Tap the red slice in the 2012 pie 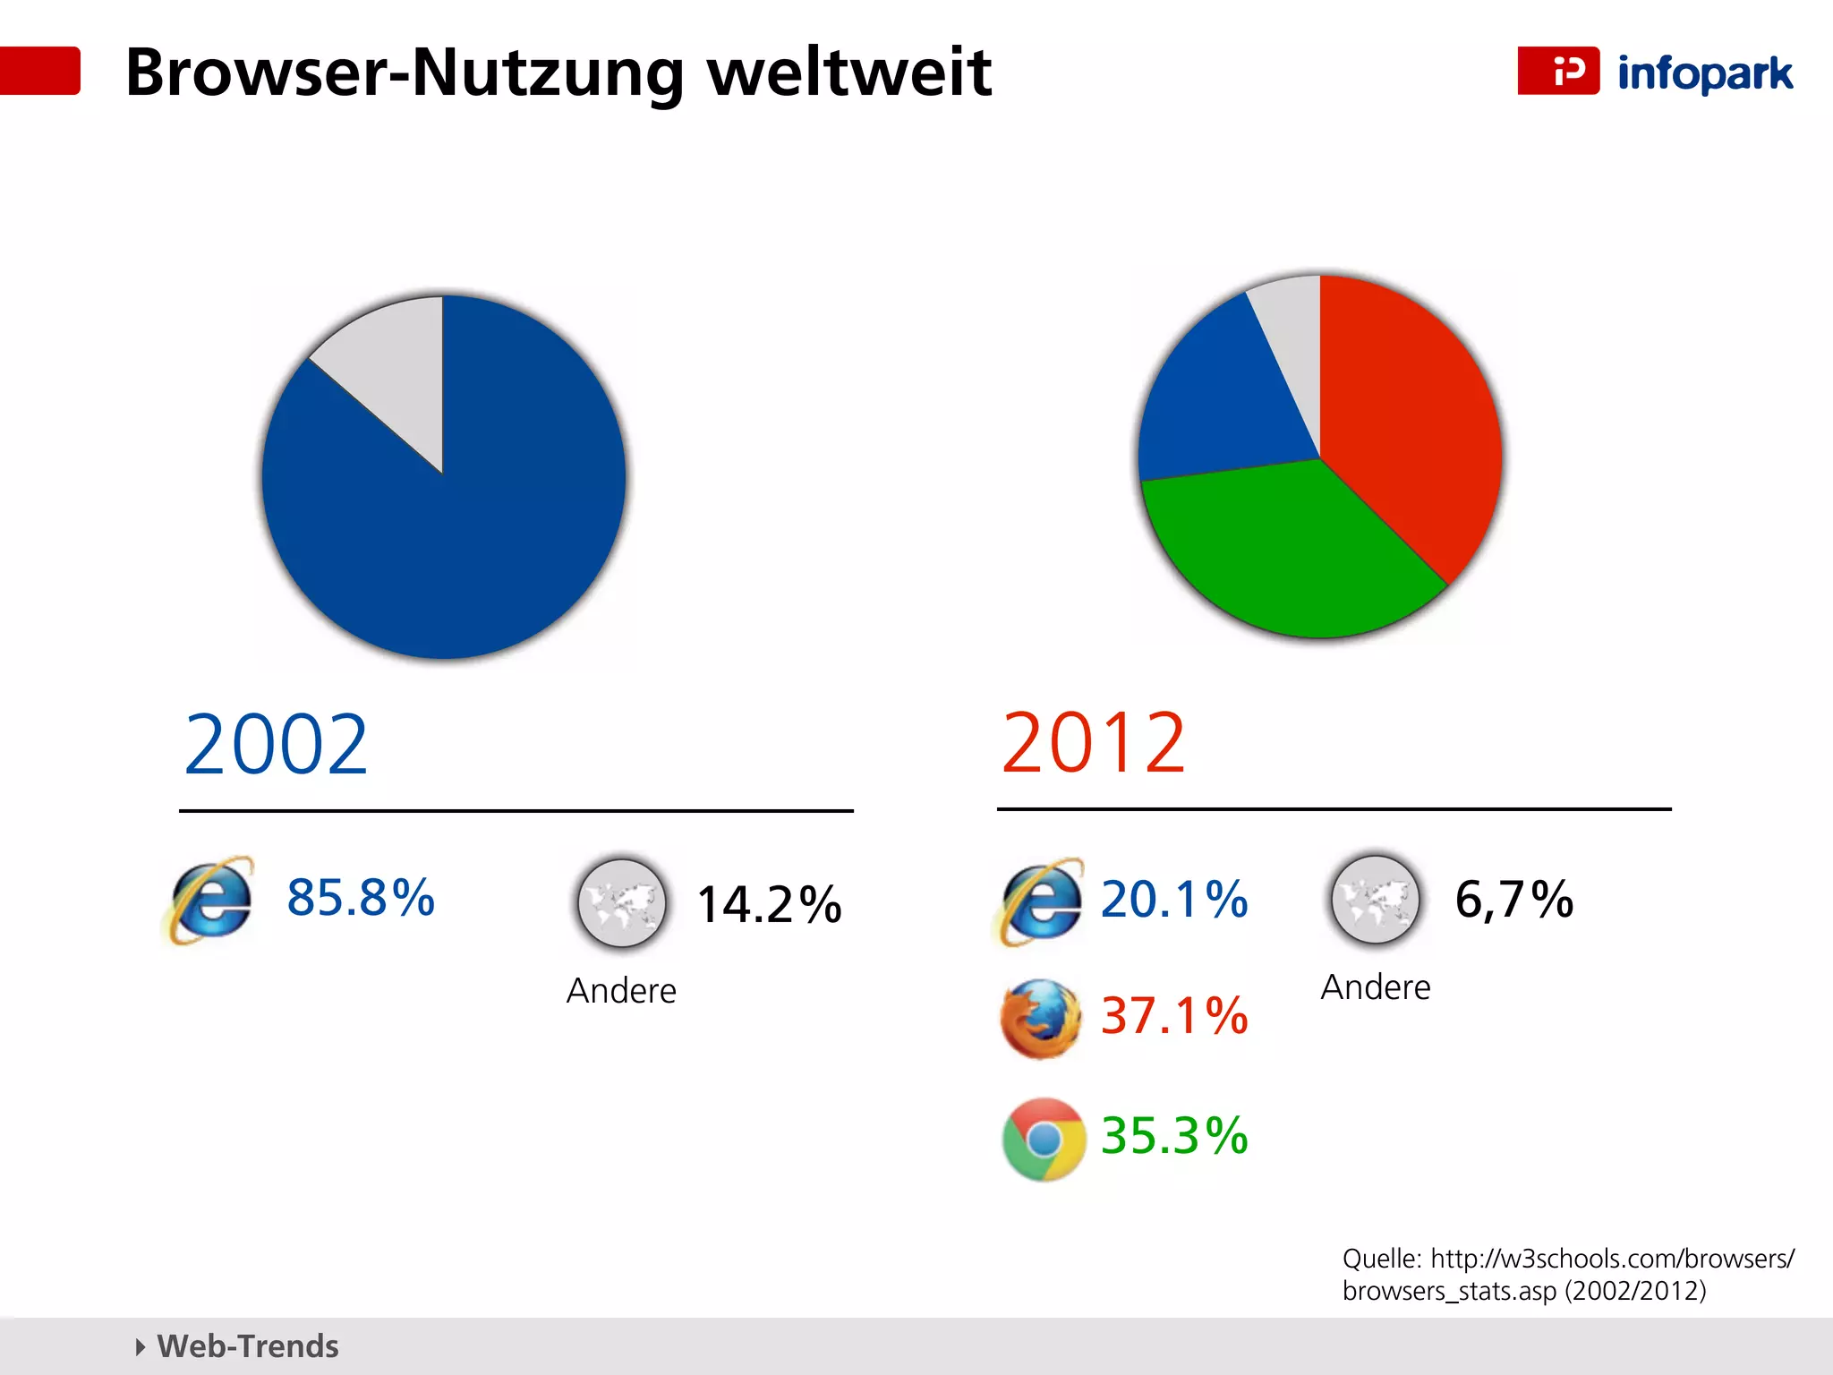pyautogui.click(x=1405, y=421)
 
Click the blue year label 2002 pyautogui.click(x=276, y=745)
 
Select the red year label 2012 pyautogui.click(x=1094, y=743)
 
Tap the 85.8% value pyautogui.click(x=361, y=897)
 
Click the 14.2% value pyautogui.click(x=769, y=904)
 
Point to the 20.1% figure pyautogui.click(x=1173, y=900)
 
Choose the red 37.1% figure pyautogui.click(x=1173, y=1016)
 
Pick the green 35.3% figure pyautogui.click(x=1173, y=1135)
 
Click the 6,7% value pyautogui.click(x=1513, y=900)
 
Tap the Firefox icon pyautogui.click(x=1041, y=1019)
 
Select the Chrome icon pyautogui.click(x=1043, y=1140)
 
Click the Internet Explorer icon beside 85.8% pyautogui.click(x=211, y=901)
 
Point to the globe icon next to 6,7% pyautogui.click(x=1376, y=900)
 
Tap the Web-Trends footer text pyautogui.click(x=247, y=1346)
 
